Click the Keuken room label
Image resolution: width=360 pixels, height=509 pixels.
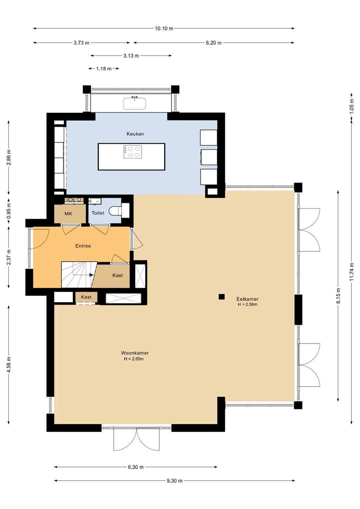pos(135,134)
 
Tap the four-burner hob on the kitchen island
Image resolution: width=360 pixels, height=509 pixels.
pos(133,152)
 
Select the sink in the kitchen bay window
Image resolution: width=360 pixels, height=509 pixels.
pos(134,103)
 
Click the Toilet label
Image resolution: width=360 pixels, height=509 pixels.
pos(98,213)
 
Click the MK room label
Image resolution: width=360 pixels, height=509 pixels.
pos(68,213)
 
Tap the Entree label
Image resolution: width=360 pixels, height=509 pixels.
pos(83,246)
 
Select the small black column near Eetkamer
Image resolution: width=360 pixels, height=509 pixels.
pos(222,297)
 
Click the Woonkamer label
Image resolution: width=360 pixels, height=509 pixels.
pos(135,353)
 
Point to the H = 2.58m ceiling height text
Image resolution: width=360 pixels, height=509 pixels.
pos(248,305)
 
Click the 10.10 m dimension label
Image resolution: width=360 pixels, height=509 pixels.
pos(164,28)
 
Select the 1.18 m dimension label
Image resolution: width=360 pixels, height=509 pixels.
pos(104,69)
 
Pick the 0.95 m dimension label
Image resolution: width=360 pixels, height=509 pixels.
pos(9,211)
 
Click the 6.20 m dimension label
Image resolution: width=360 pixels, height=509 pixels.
pos(214,43)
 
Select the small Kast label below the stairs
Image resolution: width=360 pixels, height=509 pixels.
pos(86,297)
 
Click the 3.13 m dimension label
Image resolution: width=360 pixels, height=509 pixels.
pos(131,56)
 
